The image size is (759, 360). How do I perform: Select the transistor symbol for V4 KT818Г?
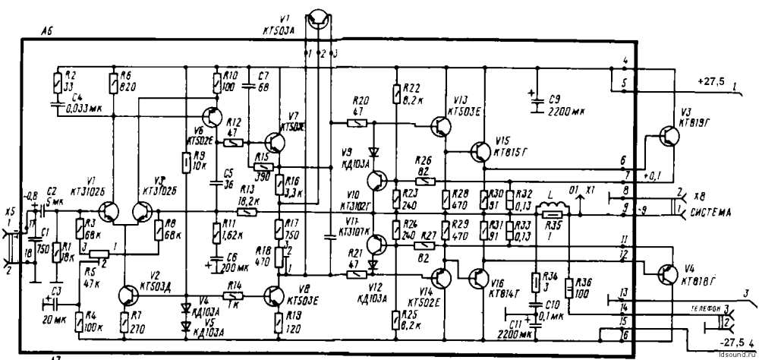point(667,275)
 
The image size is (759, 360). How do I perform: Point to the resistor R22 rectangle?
point(396,94)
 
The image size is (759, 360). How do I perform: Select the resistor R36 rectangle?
point(569,289)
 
